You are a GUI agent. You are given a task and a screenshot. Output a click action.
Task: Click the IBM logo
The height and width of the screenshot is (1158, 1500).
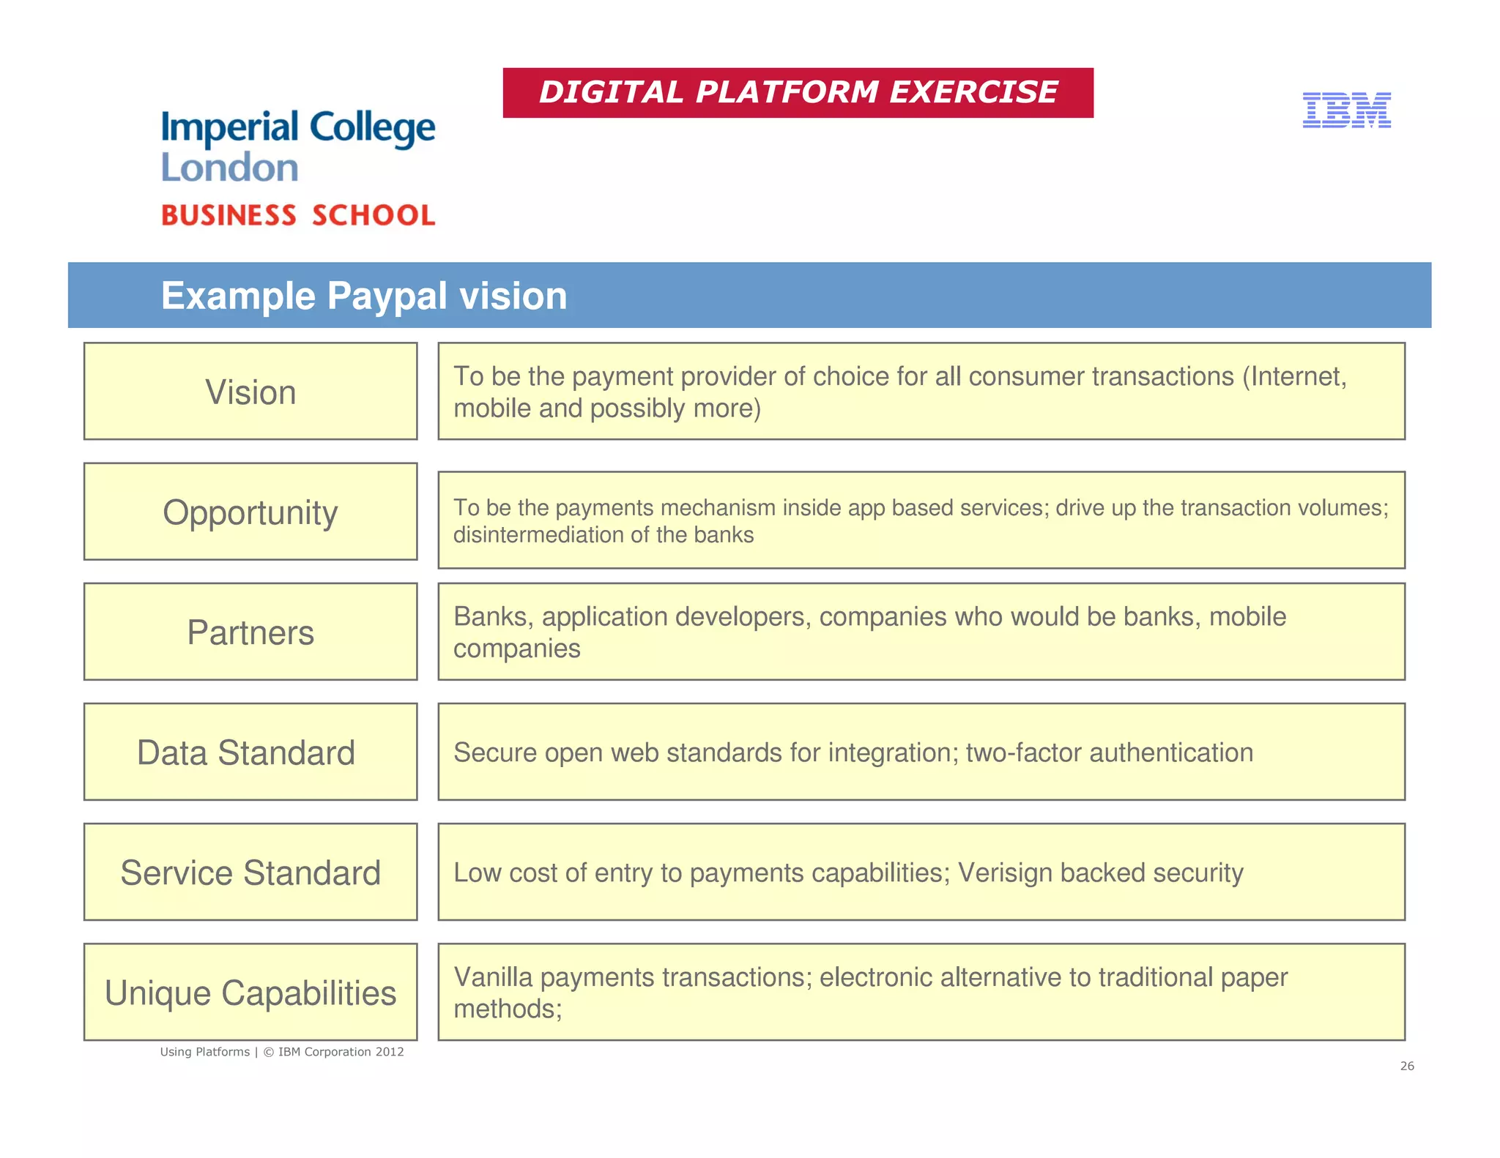click(x=1346, y=110)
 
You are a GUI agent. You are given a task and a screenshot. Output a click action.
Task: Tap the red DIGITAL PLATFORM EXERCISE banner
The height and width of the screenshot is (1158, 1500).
click(x=798, y=93)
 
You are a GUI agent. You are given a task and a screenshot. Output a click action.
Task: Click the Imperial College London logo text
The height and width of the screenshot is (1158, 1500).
click(x=298, y=146)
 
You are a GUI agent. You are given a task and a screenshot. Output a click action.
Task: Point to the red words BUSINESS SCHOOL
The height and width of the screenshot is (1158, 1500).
click(x=298, y=215)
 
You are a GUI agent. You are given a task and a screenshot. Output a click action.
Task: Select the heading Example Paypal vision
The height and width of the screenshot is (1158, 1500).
click(x=364, y=296)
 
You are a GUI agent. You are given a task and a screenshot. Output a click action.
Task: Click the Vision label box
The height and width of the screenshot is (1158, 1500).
click(x=250, y=392)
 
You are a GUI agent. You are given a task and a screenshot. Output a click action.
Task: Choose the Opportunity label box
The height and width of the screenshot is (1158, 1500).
click(x=250, y=512)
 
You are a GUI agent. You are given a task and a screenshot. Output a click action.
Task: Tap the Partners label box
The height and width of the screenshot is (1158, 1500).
click(x=250, y=632)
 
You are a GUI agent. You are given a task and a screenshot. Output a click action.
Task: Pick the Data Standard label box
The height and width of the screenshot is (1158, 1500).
click(x=250, y=752)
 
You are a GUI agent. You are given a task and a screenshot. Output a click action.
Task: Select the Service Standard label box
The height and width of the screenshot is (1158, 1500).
click(x=250, y=872)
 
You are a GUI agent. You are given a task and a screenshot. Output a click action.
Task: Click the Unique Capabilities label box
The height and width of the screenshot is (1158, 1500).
click(x=250, y=992)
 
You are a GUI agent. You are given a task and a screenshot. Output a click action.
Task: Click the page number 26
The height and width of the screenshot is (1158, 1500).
click(x=1407, y=1066)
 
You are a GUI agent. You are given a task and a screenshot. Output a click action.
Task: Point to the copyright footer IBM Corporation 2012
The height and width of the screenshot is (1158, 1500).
click(x=341, y=1052)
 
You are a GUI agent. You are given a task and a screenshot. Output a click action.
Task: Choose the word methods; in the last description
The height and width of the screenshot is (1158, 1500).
click(x=508, y=1009)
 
